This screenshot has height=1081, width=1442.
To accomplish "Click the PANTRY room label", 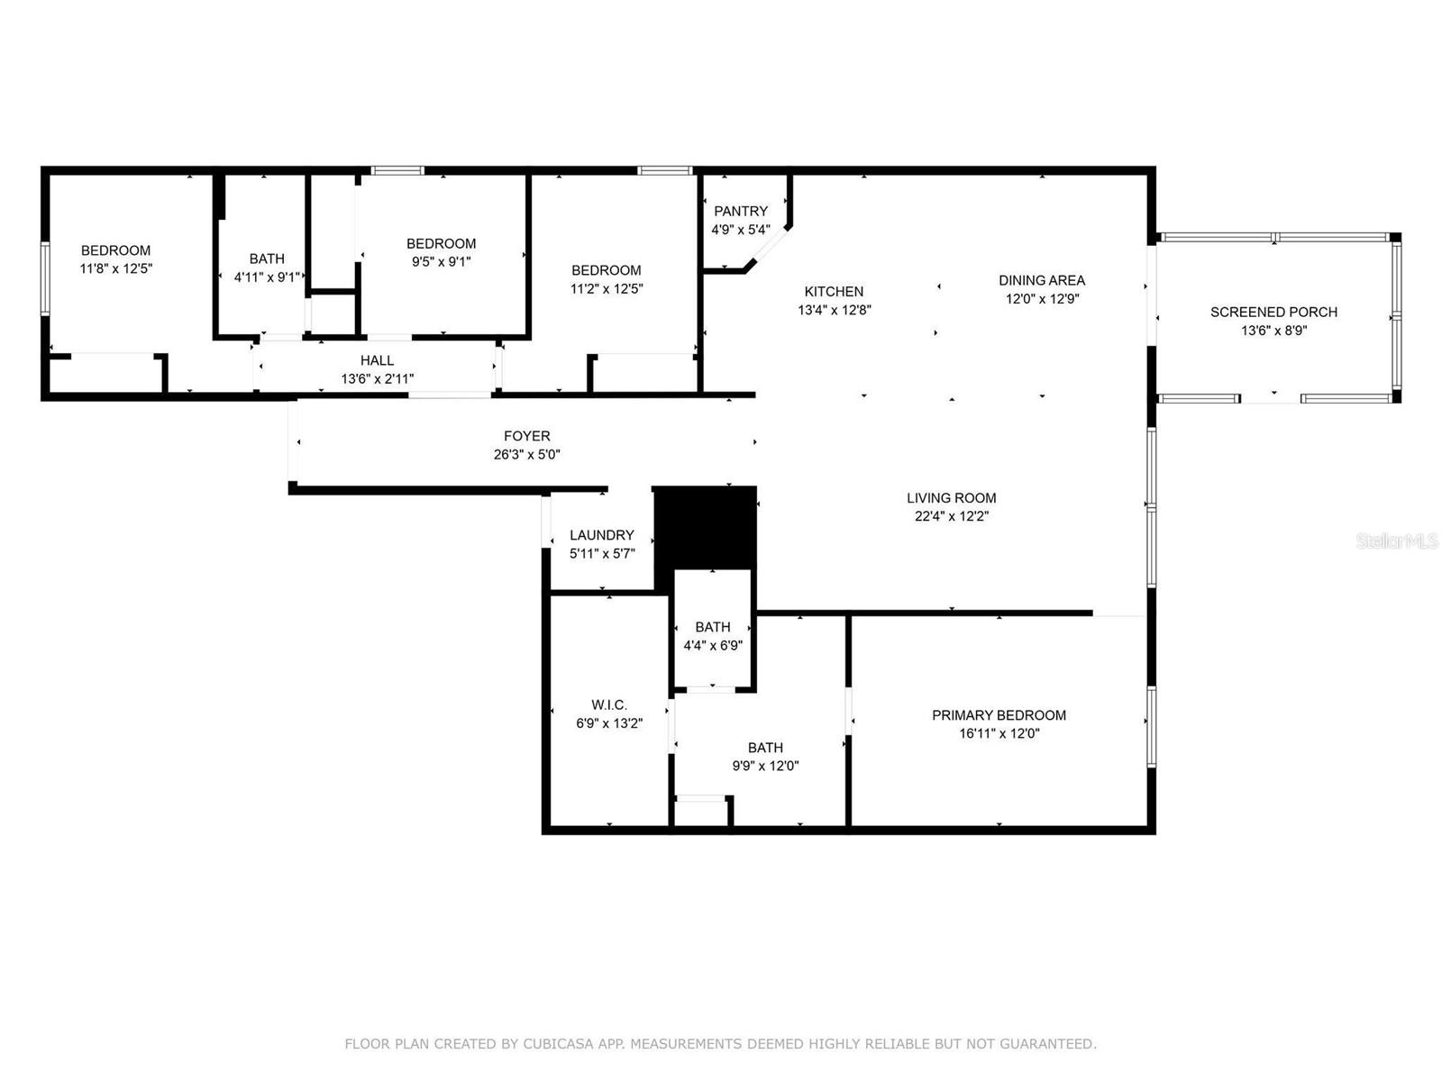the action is (x=741, y=212).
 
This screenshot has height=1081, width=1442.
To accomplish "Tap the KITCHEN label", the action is (x=834, y=291).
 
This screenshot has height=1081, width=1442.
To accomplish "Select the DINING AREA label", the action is (x=1041, y=280).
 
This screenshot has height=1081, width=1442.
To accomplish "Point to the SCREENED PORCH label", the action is (x=1273, y=313).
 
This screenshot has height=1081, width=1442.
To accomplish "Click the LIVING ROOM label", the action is (x=951, y=498).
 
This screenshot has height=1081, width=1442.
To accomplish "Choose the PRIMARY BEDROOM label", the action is (x=999, y=715).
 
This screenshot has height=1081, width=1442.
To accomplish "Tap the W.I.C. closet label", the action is (x=609, y=705).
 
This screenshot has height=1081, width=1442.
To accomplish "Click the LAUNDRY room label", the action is (x=602, y=536).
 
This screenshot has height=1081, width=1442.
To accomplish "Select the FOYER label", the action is (x=527, y=437).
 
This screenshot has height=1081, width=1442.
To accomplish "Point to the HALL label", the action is (x=377, y=360).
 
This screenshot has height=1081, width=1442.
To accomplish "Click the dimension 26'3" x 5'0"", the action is (x=527, y=454).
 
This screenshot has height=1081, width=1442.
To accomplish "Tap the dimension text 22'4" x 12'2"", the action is (x=951, y=516).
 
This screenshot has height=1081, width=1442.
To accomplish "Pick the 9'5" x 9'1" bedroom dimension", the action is (x=441, y=261).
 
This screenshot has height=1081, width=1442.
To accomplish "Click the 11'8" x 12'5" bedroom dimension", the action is (x=115, y=268).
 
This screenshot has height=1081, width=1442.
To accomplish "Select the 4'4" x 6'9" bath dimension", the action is (x=713, y=645).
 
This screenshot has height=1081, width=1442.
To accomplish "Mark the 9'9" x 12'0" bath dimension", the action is (x=765, y=766).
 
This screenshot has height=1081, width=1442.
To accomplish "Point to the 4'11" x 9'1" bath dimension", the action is (x=267, y=277).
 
